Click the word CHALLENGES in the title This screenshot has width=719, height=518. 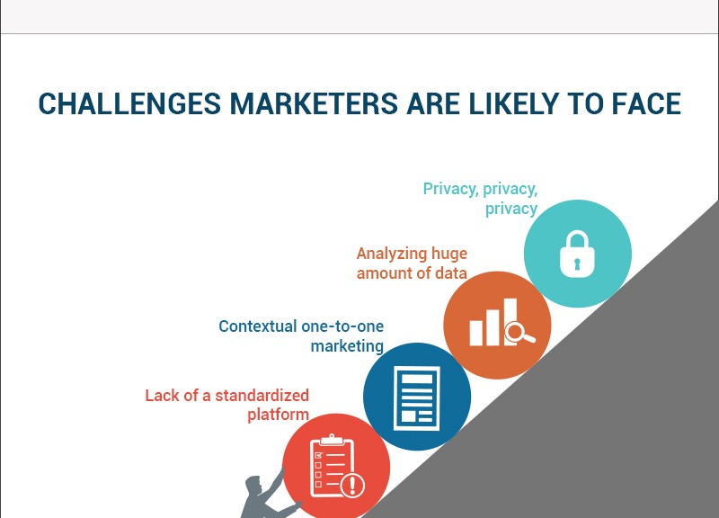[x=129, y=103]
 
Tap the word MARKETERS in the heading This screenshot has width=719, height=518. [x=314, y=103]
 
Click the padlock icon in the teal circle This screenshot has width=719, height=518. [x=577, y=254]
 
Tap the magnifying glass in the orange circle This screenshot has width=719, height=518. [x=519, y=332]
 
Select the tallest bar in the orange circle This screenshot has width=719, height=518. [x=510, y=321]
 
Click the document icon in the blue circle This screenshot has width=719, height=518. [x=417, y=398]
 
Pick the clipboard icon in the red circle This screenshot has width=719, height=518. [x=333, y=465]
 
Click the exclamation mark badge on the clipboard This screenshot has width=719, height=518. [x=352, y=485]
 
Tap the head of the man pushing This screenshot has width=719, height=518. [x=253, y=486]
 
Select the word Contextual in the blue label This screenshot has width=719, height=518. [x=258, y=326]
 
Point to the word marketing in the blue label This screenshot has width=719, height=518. [x=347, y=346]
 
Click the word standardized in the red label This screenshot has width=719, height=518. [x=262, y=395]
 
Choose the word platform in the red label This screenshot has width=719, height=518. [x=279, y=415]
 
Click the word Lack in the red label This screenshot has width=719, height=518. [x=161, y=395]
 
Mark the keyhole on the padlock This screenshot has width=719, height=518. [x=577, y=264]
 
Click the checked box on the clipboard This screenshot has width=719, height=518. [x=319, y=455]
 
